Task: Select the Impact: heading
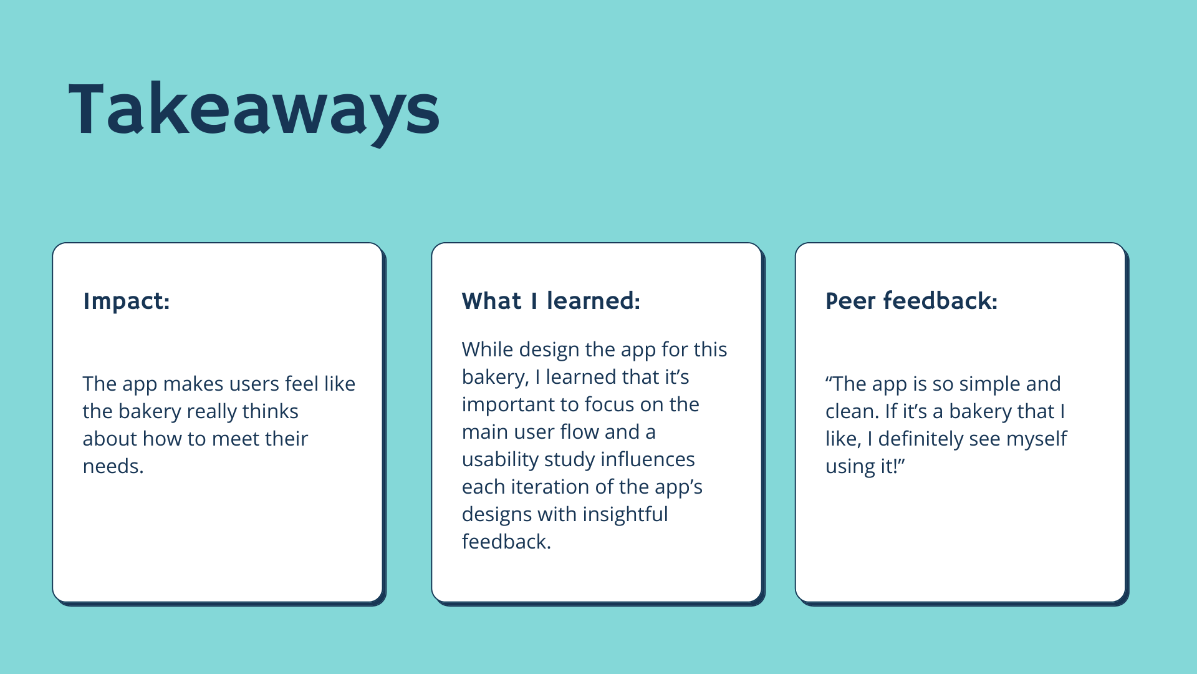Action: tap(126, 301)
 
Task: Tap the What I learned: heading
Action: tap(550, 301)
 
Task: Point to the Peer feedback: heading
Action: tap(911, 301)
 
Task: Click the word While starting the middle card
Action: tap(488, 349)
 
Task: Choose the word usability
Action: tap(501, 460)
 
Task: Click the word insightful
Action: tap(625, 514)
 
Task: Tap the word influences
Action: tap(647, 459)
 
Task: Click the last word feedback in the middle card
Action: tap(506, 542)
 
